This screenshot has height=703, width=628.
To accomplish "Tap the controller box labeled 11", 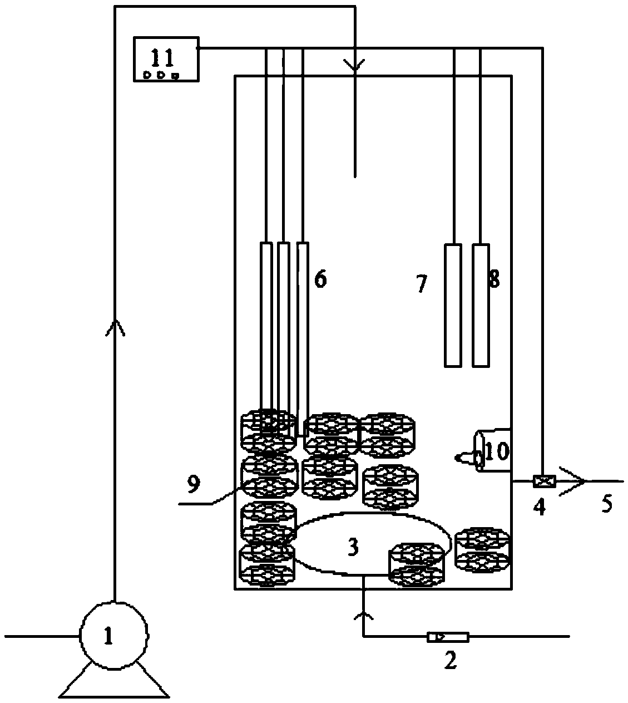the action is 166,60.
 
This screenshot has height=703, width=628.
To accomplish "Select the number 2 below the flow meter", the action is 451,660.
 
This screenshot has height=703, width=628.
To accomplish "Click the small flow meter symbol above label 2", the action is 448,637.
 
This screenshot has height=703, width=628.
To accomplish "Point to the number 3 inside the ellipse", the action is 353,547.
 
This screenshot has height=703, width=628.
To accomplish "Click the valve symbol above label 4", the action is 545,481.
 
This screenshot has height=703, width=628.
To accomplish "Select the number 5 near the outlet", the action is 606,504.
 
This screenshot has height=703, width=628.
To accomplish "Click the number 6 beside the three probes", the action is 320,279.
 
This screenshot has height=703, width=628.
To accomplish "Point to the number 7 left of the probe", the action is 422,283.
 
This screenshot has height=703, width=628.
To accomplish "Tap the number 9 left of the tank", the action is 194,484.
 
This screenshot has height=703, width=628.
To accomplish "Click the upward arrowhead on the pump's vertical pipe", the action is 115,327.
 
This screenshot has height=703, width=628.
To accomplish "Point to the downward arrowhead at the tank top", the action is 354,66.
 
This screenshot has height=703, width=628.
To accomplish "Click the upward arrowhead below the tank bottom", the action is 363,614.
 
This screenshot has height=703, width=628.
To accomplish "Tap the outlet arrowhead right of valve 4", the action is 572,481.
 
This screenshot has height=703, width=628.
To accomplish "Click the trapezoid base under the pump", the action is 114,681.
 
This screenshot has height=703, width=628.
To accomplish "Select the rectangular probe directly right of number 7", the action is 453,306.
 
